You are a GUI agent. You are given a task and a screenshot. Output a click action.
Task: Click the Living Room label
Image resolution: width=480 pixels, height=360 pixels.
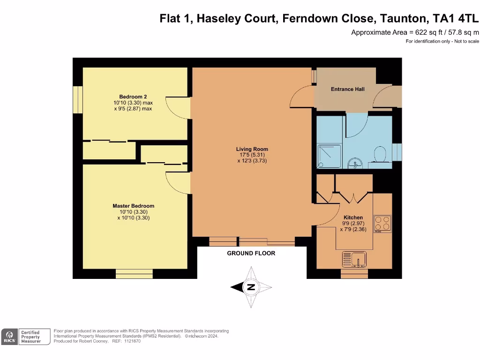252,149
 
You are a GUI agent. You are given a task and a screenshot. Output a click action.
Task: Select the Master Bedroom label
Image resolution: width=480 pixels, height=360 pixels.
134,206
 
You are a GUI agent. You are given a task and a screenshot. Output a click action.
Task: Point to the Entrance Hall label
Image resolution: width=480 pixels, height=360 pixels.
348,89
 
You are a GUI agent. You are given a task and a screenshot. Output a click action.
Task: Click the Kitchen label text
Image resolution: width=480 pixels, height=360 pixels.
353,217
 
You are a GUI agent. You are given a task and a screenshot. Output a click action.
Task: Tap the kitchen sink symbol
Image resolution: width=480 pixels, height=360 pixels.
354,259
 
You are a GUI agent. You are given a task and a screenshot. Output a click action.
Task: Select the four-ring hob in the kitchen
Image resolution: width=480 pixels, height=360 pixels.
382,224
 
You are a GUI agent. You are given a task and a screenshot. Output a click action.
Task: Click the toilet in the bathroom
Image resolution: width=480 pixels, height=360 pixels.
380,156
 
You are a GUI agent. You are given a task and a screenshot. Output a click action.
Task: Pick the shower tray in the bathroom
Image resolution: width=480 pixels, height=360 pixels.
329,157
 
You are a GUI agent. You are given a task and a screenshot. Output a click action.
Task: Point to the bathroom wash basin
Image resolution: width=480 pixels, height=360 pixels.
355,163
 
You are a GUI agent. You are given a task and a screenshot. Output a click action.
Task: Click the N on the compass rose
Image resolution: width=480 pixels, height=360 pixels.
251,287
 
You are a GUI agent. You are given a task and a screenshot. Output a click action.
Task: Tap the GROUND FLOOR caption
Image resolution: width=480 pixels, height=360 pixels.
251,253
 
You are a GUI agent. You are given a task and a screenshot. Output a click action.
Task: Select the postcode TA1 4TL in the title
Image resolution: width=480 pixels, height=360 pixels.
455,18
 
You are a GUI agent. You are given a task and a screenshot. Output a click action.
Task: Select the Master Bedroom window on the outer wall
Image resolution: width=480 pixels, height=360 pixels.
134,274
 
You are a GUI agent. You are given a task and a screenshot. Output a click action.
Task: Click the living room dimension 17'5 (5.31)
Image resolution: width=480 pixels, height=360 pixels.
252,155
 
